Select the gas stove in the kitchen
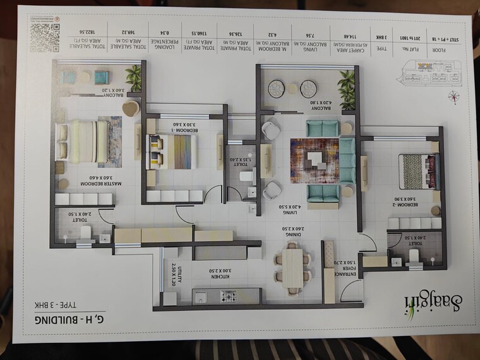(x=229, y=295)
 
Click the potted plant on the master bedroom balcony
(x=133, y=78)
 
